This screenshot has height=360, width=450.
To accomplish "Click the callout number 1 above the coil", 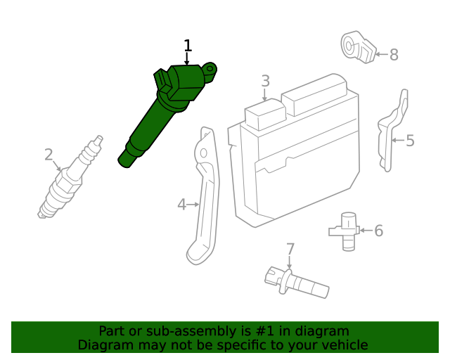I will (x=188, y=46).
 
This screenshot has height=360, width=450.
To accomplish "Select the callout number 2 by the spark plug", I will (x=49, y=155).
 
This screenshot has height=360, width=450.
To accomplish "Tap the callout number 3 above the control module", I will (x=265, y=81).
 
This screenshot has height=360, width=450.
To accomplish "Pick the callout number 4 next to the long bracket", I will (x=181, y=205).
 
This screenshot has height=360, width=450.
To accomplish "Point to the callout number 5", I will (x=410, y=141).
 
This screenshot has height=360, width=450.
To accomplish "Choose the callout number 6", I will (x=378, y=231).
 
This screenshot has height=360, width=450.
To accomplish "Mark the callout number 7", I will (x=290, y=249).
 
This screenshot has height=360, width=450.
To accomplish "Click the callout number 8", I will (x=394, y=54).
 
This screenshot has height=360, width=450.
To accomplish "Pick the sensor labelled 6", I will (x=345, y=229).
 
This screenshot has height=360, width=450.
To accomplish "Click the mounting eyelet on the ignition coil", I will (x=212, y=68).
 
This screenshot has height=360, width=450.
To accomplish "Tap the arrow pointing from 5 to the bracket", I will (x=397, y=141).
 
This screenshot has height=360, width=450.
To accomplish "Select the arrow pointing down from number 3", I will (x=265, y=96).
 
